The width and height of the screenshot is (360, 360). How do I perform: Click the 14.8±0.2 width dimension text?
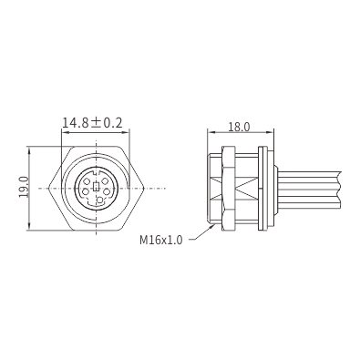92,123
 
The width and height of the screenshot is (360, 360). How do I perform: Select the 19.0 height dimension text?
24,187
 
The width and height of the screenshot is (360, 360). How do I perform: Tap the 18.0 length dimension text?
239,127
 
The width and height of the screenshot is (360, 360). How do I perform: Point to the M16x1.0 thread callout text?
161,240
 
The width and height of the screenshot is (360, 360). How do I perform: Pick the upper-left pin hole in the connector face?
87,181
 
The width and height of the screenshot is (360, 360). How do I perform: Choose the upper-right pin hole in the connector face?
105,181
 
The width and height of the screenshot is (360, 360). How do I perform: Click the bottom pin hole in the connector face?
99,200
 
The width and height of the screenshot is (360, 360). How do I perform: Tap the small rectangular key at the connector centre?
97,187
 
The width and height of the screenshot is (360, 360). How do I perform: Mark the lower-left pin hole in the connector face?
86,192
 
